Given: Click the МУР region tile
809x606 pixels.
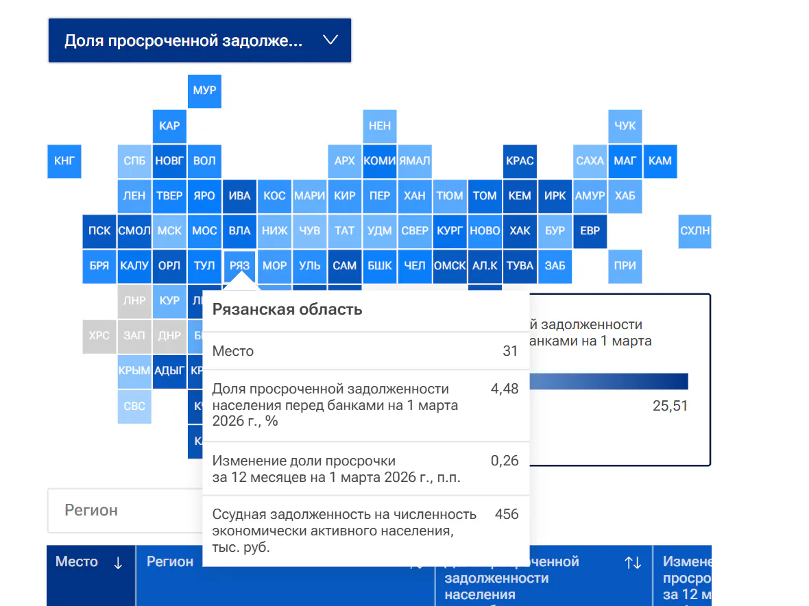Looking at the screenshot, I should click(204, 91).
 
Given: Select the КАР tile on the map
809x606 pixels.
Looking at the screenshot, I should click(169, 126).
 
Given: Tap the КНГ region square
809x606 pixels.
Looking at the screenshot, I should click(64, 161).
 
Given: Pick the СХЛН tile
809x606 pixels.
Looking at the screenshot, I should click(695, 231).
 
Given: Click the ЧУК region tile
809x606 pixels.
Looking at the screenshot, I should click(625, 126).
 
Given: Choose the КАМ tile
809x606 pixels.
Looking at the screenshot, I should click(660, 161).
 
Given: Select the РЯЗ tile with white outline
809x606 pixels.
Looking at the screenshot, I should click(239, 265).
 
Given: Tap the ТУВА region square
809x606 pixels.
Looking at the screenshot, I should click(520, 265).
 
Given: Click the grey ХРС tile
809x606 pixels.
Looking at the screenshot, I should click(99, 336).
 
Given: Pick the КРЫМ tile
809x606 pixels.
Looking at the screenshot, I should click(134, 371).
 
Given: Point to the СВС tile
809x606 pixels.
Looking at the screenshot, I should click(134, 406).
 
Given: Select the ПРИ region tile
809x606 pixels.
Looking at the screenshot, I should click(625, 265).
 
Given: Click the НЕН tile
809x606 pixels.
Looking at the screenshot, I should click(379, 126).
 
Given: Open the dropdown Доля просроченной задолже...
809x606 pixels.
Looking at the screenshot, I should click(200, 40).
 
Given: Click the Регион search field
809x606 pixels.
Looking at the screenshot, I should click(123, 511).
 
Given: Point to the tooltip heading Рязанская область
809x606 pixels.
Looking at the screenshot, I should click(287, 309).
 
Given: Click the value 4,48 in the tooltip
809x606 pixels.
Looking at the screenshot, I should click(505, 389).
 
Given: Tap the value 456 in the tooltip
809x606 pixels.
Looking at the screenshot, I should click(507, 514).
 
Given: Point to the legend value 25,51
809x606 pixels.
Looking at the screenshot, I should click(670, 406).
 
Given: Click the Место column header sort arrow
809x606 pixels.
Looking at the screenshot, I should click(118, 563).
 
